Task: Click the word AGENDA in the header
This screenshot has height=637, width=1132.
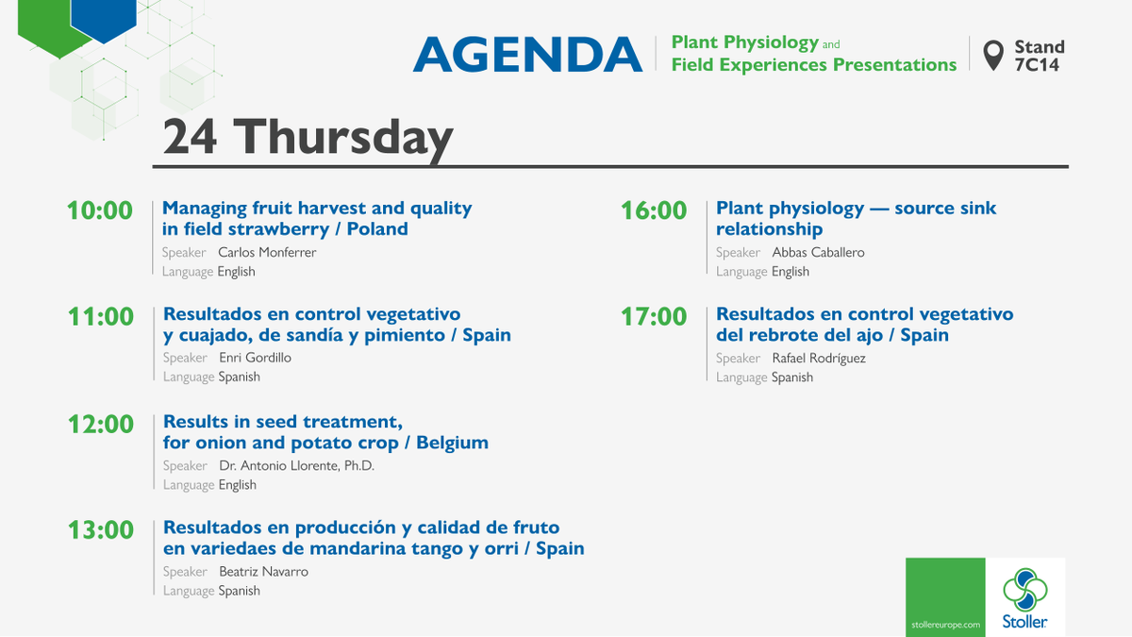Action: (527, 55)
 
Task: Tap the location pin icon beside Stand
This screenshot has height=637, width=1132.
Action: (992, 55)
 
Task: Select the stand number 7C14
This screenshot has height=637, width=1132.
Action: (1037, 65)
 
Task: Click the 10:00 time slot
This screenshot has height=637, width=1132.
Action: (100, 210)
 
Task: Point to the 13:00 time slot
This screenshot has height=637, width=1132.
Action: (100, 530)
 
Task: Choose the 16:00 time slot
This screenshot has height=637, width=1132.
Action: (653, 210)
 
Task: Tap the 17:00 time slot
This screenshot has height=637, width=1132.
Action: (653, 316)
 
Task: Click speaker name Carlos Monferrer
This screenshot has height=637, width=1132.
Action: (267, 252)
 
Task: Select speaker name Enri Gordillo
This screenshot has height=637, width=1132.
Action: (255, 358)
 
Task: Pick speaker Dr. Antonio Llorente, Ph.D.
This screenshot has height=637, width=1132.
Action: (296, 465)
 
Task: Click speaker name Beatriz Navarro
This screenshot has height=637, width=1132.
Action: (263, 571)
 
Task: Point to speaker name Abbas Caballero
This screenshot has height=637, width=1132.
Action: (818, 252)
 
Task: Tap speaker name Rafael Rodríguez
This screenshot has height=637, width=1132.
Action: (818, 358)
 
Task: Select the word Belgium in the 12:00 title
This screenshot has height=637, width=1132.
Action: (453, 443)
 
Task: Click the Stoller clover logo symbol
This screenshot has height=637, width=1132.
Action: (1024, 589)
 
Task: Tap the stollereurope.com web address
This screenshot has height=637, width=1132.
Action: (944, 625)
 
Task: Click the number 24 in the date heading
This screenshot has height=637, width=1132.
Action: (190, 137)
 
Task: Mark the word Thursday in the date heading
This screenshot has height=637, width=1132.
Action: (343, 137)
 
